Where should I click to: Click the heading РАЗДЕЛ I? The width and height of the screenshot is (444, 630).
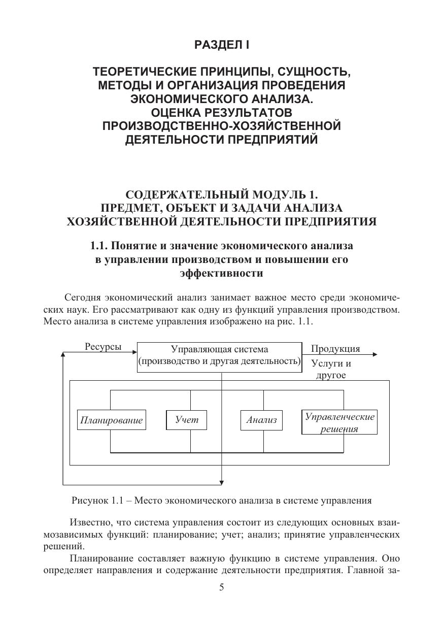pyautogui.click(x=222, y=45)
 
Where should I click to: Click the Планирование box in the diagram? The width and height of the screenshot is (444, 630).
pyautogui.click(x=111, y=420)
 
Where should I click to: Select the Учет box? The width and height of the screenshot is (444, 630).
pyautogui.click(x=186, y=420)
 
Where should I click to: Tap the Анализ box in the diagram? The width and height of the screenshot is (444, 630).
pyautogui.click(x=261, y=420)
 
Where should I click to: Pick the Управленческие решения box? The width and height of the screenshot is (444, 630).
pyautogui.click(x=339, y=422)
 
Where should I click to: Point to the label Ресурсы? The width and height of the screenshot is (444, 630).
pyautogui.click(x=103, y=347)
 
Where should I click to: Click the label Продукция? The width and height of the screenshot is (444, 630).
pyautogui.click(x=335, y=349)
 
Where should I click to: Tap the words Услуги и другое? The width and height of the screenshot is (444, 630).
pyautogui.click(x=331, y=369)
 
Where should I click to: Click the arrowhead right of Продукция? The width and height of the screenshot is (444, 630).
pyautogui.click(x=374, y=355)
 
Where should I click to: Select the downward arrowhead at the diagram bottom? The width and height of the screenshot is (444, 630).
pyautogui.click(x=222, y=482)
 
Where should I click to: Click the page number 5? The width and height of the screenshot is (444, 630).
pyautogui.click(x=221, y=587)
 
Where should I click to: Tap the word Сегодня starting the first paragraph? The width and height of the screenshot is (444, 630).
pyautogui.click(x=83, y=297)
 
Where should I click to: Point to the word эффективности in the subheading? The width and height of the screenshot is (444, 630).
pyautogui.click(x=221, y=273)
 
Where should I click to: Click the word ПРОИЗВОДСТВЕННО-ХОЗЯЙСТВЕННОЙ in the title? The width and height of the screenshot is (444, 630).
pyautogui.click(x=221, y=126)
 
